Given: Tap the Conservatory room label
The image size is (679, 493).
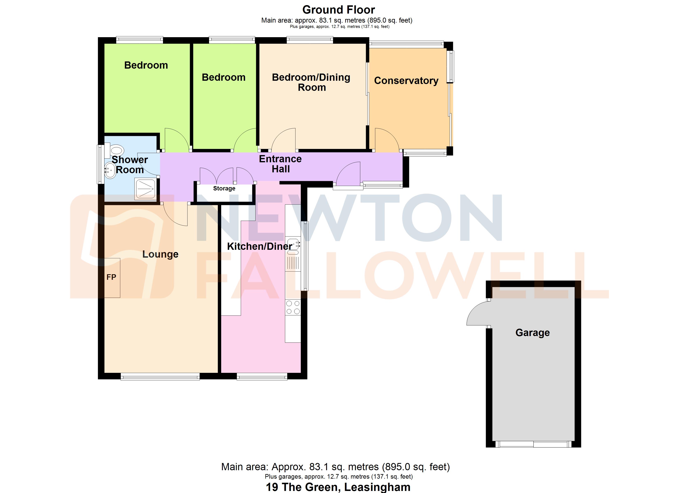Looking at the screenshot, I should coord(406,81).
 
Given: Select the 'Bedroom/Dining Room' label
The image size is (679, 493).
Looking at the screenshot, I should coord(311,82).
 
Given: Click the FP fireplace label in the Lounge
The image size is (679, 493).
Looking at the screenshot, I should coord(111,277).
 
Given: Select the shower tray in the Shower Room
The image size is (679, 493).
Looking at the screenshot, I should coord(145,189).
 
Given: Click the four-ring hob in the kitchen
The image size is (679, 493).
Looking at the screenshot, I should coord(293,307).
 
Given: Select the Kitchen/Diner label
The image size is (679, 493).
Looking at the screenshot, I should coord(260,246).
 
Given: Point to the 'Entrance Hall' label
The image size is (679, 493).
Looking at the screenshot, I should coord(280,164).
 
